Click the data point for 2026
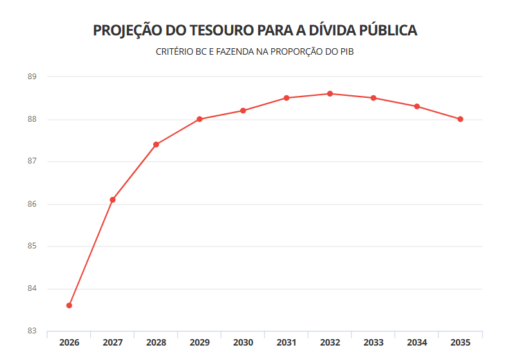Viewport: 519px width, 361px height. [69, 305]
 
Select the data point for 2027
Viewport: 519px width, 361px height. [113, 199]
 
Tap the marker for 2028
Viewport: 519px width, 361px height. [156, 144]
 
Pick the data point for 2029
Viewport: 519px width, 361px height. [200, 119]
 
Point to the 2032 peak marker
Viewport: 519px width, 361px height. [330, 94]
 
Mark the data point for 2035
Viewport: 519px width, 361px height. [460, 119]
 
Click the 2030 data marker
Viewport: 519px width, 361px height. [243, 111]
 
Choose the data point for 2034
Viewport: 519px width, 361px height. [417, 106]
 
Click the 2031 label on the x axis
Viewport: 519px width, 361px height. [287, 342]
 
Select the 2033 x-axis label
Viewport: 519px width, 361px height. [373, 342]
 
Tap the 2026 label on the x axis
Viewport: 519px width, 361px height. [69, 342]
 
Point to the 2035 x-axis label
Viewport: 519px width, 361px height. [460, 342]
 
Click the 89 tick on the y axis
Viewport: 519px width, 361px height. [32, 77]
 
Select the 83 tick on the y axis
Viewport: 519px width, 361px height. [32, 331]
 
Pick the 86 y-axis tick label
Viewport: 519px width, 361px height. [32, 204]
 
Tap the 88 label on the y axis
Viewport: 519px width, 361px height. [32, 119]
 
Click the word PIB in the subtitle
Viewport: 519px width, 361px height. [346, 51]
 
